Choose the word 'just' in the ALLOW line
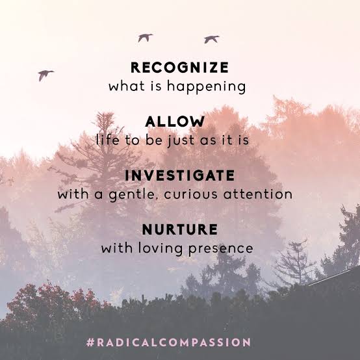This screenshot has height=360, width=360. [x=189, y=140]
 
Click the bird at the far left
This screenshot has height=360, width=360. [x=45, y=75]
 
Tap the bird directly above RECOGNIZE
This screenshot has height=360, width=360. [x=145, y=38]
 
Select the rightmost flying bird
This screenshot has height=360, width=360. [x=211, y=40]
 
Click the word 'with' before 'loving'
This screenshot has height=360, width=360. [x=116, y=248]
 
